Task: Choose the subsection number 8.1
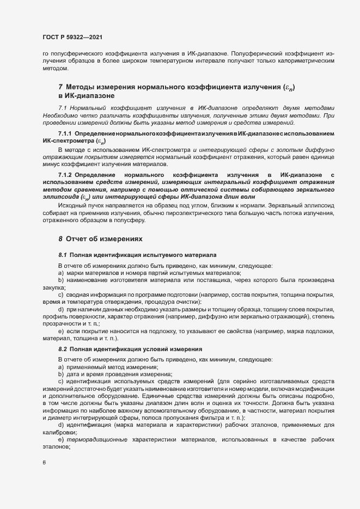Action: click(62, 255)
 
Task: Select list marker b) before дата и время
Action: click(61, 373)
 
